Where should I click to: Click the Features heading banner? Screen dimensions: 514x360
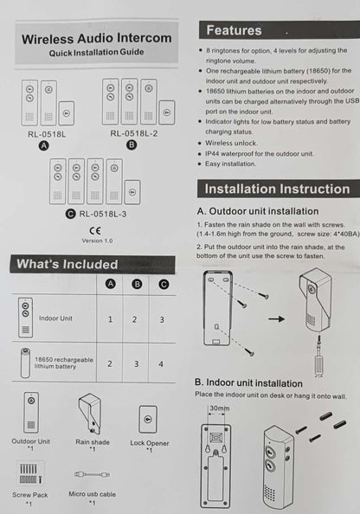pos(234,31)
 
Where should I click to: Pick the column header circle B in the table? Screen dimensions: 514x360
pos(135,284)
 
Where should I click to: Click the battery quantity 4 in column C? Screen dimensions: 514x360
pos(162,363)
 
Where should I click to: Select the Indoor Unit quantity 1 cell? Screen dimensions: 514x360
pos(110,318)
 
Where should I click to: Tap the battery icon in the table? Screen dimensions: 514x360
pos(26,363)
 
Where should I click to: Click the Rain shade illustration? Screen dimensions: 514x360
pos(92,414)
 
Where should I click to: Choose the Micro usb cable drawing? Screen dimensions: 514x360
pos(92,474)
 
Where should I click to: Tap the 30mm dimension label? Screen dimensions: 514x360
pos(219,408)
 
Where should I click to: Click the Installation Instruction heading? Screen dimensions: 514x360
pos(275,189)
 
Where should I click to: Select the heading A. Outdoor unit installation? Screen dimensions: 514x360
pos(258,210)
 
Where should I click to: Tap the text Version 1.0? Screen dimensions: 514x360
pos(97,241)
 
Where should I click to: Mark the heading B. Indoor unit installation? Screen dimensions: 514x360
pos(248,382)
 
